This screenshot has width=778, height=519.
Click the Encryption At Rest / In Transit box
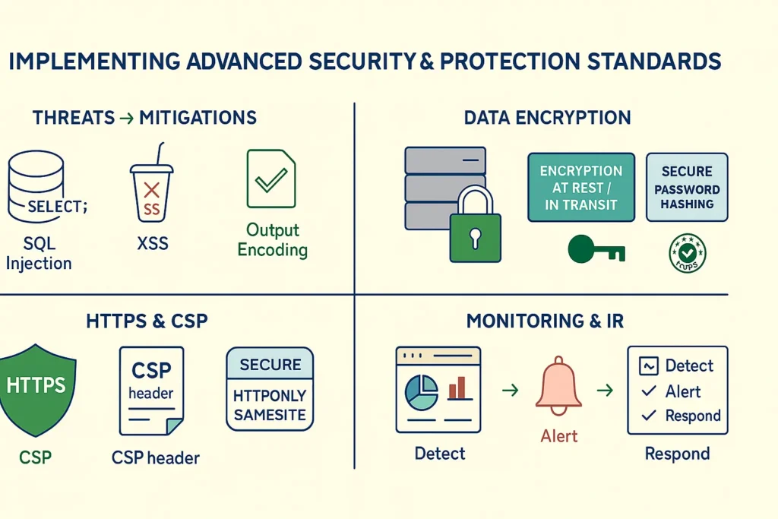tap(581, 187)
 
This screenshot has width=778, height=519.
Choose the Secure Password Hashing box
tap(687, 187)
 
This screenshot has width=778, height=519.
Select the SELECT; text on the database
tap(57, 205)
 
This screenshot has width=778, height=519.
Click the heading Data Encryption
tap(547, 118)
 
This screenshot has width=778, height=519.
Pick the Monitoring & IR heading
tap(545, 321)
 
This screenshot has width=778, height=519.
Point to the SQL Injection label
tap(39, 253)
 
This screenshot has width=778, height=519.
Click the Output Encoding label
tap(273, 240)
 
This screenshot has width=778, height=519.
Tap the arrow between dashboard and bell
tap(511, 391)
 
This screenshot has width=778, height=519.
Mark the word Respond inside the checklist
tap(693, 416)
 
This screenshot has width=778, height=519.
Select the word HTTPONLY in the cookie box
tap(270, 396)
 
